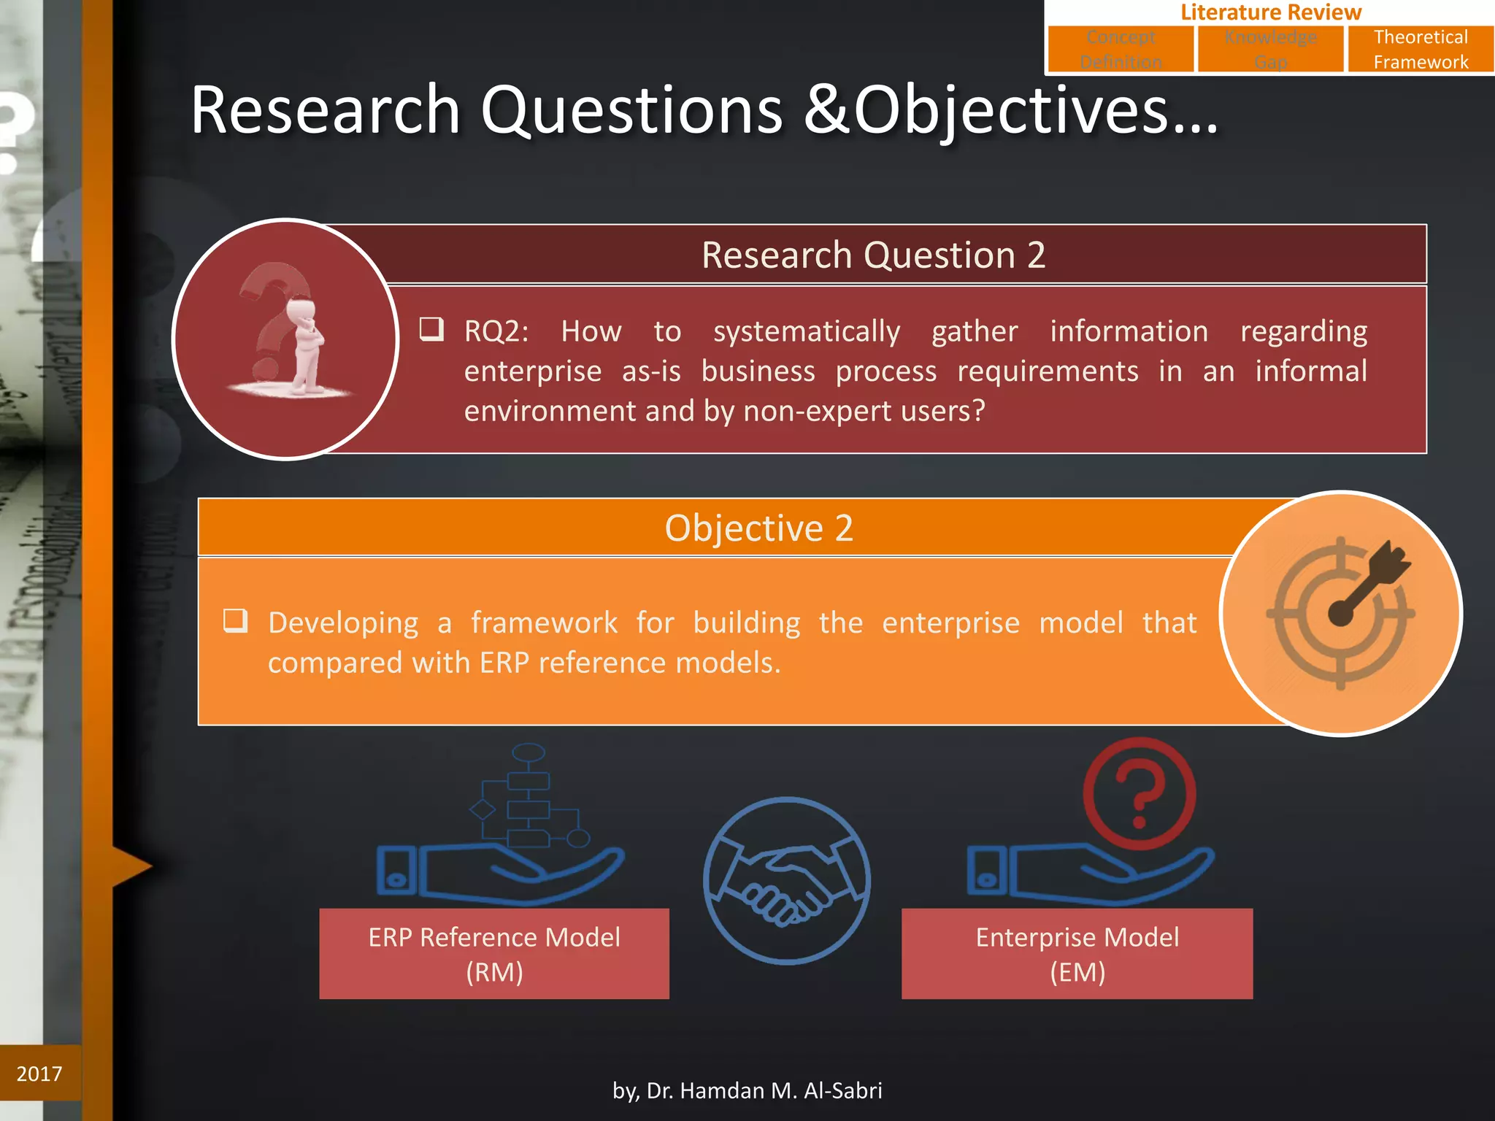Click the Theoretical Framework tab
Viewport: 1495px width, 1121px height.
[x=1420, y=49]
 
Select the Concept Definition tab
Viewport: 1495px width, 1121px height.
[x=1121, y=49]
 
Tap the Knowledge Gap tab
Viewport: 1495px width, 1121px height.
[x=1270, y=49]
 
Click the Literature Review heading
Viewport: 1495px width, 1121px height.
[x=1270, y=12]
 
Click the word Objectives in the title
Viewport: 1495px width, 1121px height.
[x=1010, y=111]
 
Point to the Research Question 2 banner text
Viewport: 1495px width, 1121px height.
[x=873, y=255]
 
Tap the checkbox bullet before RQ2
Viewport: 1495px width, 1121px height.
[x=431, y=329]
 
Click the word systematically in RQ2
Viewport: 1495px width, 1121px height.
[x=806, y=332]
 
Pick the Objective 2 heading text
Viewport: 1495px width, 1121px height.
[x=758, y=528]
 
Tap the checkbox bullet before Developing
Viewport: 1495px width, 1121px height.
[x=235, y=621]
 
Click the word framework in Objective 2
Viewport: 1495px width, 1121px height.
[x=544, y=623]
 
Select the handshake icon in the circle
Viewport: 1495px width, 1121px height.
[x=786, y=881]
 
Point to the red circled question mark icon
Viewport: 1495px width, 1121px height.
[x=1139, y=793]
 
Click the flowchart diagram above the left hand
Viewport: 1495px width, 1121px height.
[x=529, y=796]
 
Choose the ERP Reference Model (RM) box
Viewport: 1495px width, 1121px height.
[x=494, y=954]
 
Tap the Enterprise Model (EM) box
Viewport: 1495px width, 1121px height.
[x=1077, y=954]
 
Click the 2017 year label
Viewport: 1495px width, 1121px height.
[x=39, y=1074]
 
